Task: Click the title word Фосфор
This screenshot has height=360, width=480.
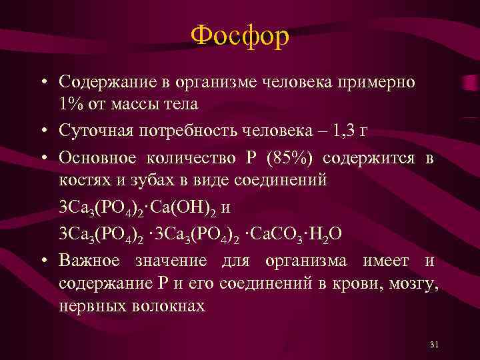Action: [x=239, y=36]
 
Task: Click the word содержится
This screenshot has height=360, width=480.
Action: [x=369, y=158]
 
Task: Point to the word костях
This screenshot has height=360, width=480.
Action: [x=83, y=180]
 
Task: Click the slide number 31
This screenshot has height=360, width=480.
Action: [x=434, y=344]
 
